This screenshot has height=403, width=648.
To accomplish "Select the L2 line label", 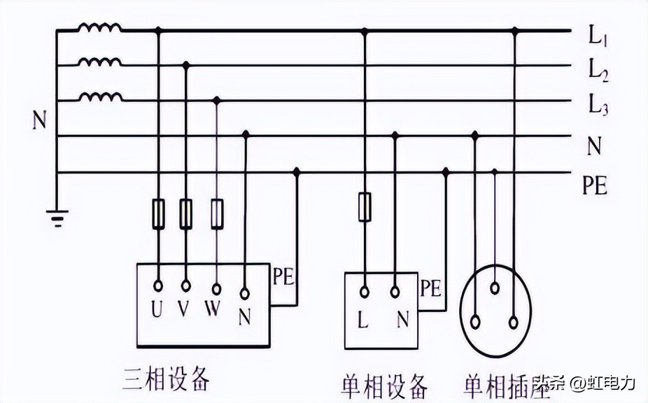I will (x=597, y=70).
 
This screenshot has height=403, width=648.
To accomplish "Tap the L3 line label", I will (x=597, y=106).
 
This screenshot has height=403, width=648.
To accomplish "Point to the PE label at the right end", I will (x=594, y=186).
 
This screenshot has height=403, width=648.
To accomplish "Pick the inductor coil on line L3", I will (x=99, y=98).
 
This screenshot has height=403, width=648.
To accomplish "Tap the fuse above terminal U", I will (x=158, y=213).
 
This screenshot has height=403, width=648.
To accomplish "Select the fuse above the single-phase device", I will (x=364, y=207).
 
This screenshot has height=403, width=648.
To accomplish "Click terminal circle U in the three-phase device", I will (x=158, y=286).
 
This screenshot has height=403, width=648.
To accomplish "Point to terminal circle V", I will (x=186, y=286).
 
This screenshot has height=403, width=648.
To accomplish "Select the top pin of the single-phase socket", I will (x=495, y=287).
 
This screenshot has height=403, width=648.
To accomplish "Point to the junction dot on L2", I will (x=186, y=65).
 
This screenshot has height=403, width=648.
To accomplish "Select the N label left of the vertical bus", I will (x=39, y=121).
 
